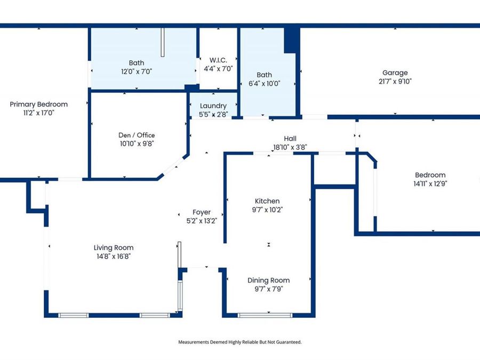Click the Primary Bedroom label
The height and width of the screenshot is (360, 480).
[38, 105]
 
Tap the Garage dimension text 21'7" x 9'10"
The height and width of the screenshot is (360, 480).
[395, 82]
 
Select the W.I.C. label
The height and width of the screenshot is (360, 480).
[218, 60]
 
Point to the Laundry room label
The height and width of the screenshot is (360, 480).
[213, 106]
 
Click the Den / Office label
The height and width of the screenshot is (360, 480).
[137, 135]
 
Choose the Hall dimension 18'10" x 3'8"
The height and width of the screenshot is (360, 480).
[290, 147]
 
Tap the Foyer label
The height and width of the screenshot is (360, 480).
[202, 212]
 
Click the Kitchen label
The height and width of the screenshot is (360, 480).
[267, 201]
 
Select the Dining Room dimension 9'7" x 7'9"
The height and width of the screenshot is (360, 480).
[269, 289]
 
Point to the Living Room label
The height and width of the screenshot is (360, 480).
[114, 247]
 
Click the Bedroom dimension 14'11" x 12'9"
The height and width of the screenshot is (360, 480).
[430, 183]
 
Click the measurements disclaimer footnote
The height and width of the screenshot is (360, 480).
[240, 342]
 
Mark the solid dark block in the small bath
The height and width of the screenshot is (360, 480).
[291, 41]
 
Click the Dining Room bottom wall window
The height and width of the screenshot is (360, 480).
[265, 315]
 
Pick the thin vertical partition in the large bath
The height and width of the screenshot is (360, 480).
[163, 42]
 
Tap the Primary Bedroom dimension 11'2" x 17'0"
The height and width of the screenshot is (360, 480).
[38, 113]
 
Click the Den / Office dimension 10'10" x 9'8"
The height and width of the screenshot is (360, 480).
[137, 143]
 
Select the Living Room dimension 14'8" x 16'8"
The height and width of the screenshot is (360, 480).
[114, 256]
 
